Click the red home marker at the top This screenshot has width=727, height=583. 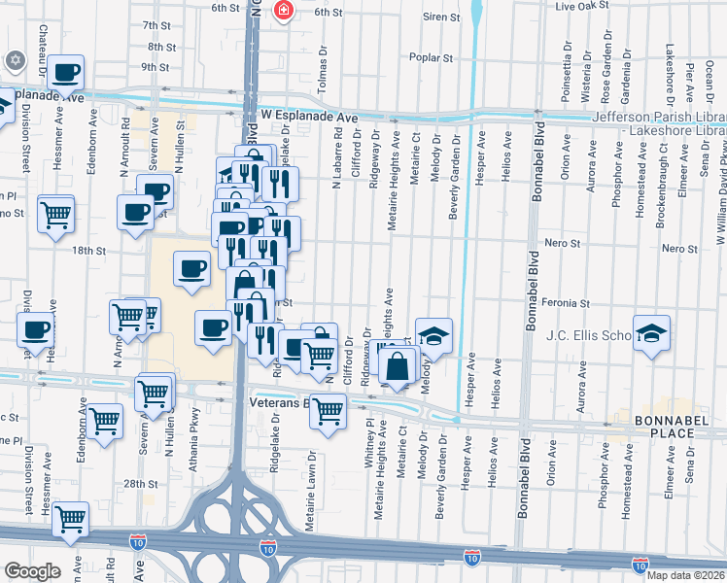tap(283, 12)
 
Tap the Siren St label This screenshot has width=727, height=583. tap(440, 17)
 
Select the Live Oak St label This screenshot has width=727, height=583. tap(581, 6)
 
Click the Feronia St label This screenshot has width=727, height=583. tap(565, 303)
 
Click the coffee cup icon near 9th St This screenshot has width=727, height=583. tap(66, 72)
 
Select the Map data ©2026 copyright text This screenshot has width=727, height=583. tap(686, 575)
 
